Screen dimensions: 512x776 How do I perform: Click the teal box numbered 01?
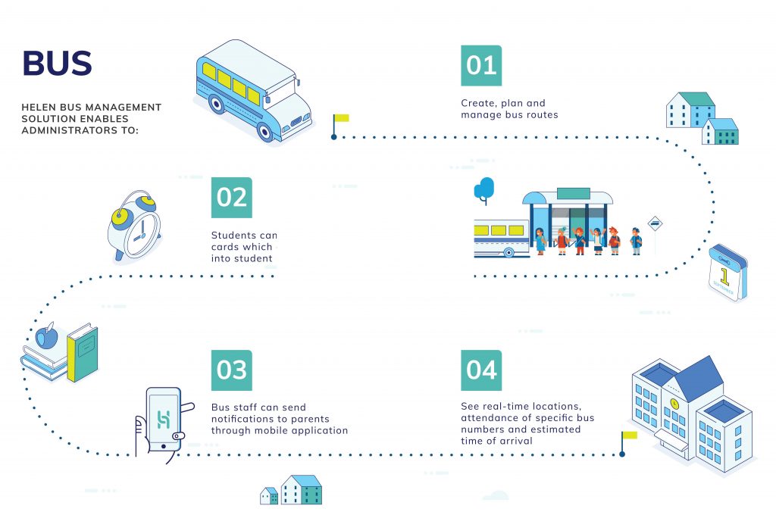click(481, 66)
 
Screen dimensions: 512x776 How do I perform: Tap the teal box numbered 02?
click(231, 198)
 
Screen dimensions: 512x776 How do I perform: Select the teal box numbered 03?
click(231, 370)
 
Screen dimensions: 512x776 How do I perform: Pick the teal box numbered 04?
click(481, 370)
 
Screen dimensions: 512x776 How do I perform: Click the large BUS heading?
click(57, 64)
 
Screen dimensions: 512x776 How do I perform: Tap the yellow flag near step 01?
click(341, 118)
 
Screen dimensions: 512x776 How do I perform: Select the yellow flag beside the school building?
click(629, 436)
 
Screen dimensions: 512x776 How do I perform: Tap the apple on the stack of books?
click(47, 336)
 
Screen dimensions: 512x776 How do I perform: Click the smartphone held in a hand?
click(164, 420)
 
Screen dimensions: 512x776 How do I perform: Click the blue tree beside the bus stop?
click(484, 187)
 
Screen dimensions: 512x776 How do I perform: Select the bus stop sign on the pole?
click(656, 223)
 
